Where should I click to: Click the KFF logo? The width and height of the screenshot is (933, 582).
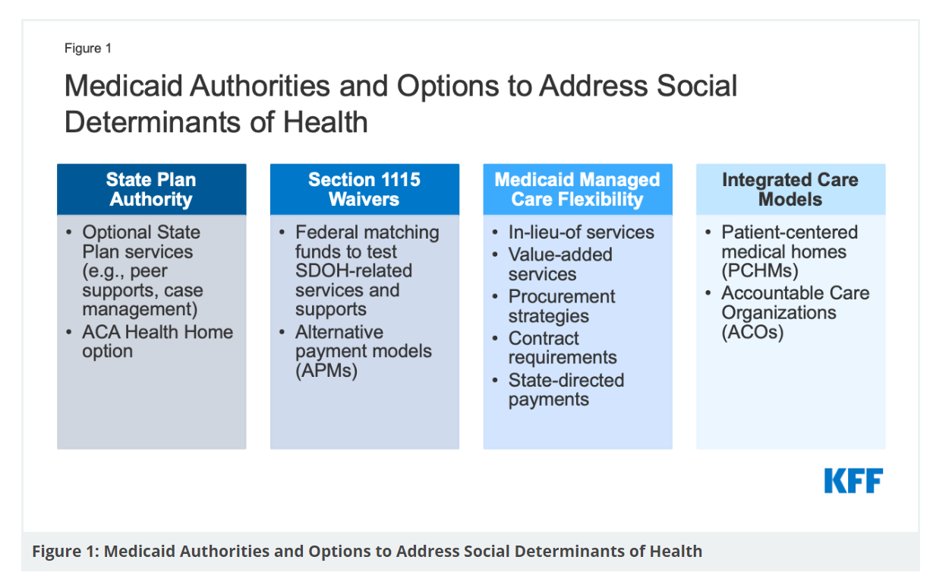point(853,481)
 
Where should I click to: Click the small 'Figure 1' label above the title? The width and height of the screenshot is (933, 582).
point(88,49)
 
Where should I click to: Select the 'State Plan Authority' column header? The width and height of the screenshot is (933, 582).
point(151,189)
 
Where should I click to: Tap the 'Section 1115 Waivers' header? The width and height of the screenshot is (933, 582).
point(364,189)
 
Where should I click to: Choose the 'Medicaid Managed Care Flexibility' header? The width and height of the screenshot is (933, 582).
point(578,189)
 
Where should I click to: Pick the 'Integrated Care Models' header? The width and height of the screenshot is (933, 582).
point(790,189)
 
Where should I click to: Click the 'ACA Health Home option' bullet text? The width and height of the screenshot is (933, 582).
point(157,341)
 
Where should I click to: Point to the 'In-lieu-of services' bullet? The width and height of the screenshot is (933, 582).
point(581,232)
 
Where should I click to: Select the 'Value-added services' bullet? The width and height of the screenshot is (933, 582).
point(560,264)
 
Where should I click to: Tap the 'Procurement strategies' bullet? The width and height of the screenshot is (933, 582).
point(562,306)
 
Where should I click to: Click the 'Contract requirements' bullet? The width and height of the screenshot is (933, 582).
point(563,348)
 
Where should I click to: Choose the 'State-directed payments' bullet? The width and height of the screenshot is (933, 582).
point(566,389)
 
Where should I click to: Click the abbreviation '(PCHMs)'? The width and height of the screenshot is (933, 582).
point(760,271)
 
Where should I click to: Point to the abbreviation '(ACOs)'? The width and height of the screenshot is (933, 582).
point(752,332)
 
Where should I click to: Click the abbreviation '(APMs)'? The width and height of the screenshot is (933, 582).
point(326,371)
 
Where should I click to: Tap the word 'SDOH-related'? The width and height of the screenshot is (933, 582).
point(354,271)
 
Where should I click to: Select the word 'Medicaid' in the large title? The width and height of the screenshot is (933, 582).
point(123,86)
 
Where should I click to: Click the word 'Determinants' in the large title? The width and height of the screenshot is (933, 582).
point(153,122)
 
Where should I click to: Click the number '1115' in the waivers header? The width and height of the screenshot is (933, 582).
point(400,179)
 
